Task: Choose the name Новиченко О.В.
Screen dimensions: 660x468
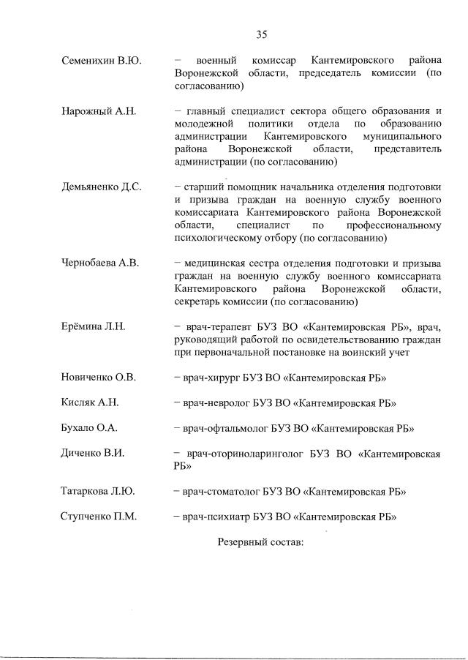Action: click(98, 378)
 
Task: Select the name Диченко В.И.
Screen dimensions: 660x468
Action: click(92, 452)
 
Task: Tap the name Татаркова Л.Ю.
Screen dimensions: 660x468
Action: click(97, 491)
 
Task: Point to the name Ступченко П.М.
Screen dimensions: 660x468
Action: click(98, 517)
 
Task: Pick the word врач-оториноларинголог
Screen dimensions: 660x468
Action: click(241, 453)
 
